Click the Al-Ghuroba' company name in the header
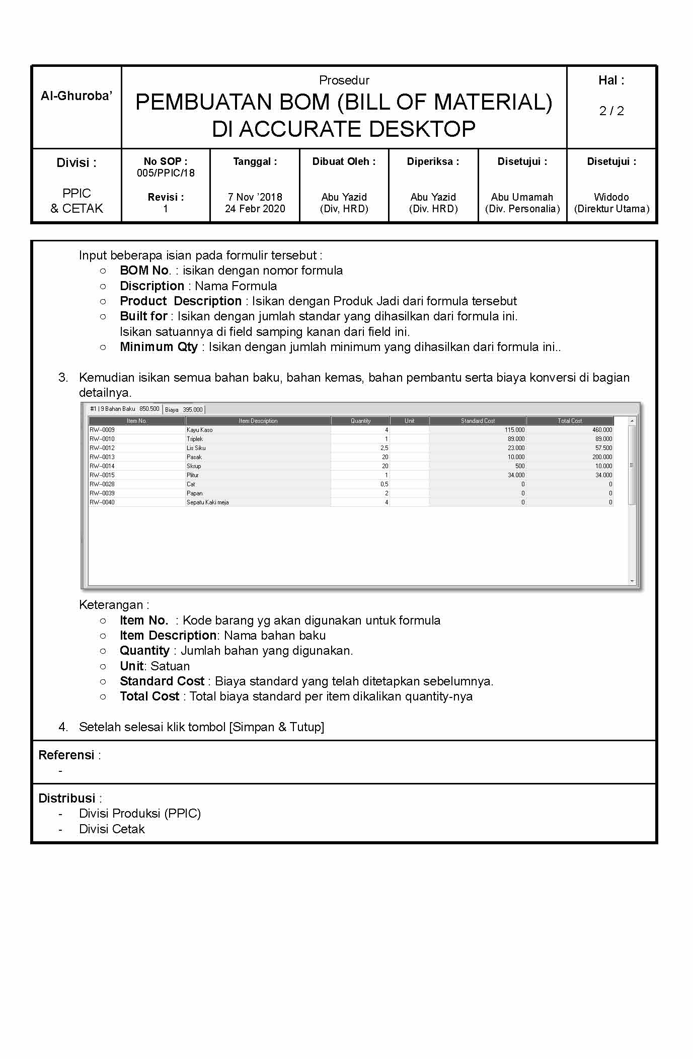pos(76,96)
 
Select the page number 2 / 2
pos(611,111)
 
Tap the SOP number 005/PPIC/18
pos(166,173)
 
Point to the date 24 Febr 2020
pos(255,209)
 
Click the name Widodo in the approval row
pos(611,197)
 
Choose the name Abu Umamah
pos(522,197)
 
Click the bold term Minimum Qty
pos(159,347)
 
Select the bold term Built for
pos(143,316)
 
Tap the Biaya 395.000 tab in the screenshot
pos(184,410)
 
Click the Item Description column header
pos(258,421)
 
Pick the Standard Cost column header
pos(478,421)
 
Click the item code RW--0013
pos(102,457)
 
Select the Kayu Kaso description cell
pos(200,430)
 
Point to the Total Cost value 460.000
pos(602,430)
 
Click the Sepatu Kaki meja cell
pos(208,502)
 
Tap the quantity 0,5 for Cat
pos(384,484)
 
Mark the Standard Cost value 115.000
pos(515,430)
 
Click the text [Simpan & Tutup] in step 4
pos(277,727)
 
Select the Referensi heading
pos(66,755)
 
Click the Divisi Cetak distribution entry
pos(112,829)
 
